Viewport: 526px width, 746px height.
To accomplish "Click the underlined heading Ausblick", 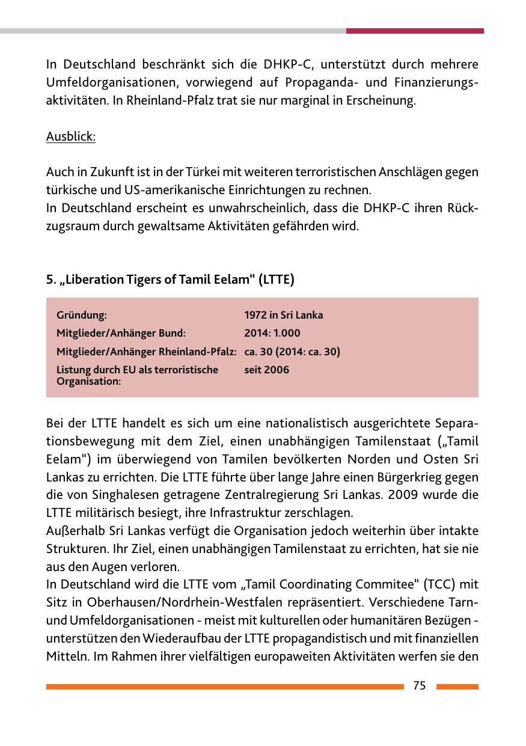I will click(x=71, y=137).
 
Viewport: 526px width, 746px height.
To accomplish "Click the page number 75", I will click(x=420, y=686).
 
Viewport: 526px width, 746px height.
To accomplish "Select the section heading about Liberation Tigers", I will click(x=170, y=280).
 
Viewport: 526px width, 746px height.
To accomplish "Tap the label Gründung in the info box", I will click(x=82, y=315).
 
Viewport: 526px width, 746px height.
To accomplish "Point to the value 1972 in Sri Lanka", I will click(x=283, y=315).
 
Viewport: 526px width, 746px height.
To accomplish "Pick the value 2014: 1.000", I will click(x=272, y=333).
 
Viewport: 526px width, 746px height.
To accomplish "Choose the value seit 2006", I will click(x=266, y=370).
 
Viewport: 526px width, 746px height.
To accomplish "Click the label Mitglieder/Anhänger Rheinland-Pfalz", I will click(x=146, y=352).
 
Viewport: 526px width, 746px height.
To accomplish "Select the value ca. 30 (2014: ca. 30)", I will click(x=292, y=352).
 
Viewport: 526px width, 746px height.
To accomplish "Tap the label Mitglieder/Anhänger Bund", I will click(x=121, y=333).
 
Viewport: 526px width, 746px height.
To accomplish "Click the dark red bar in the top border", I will click(x=415, y=31).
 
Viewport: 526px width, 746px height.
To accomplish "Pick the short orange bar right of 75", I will click(x=457, y=686).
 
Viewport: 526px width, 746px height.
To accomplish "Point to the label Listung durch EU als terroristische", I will click(x=137, y=370).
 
